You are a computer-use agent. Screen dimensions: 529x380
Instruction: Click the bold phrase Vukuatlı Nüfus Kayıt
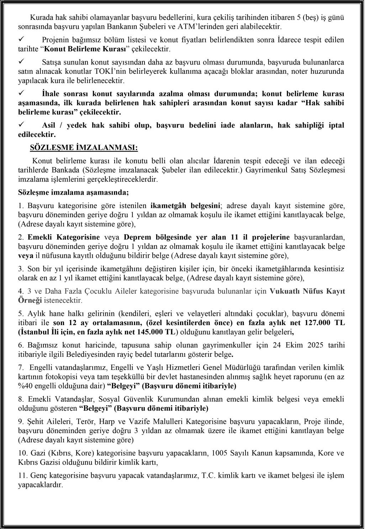[x=307, y=291]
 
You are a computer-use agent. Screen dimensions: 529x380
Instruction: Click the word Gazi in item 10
[x=37, y=453]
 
